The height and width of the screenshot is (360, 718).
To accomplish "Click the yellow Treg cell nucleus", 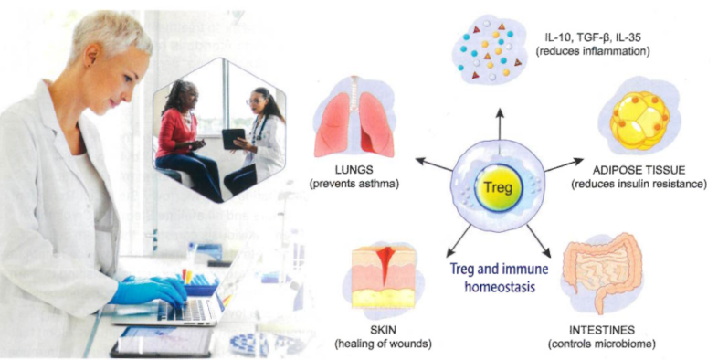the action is pyautogui.click(x=498, y=188).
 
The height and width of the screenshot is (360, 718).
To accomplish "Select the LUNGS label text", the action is pyautogui.click(x=354, y=170).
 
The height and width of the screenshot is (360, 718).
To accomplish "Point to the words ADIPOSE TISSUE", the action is pyautogui.click(x=639, y=170).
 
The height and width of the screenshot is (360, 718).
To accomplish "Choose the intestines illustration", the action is pyautogui.click(x=601, y=271).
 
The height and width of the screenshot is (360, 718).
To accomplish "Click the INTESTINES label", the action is pyautogui.click(x=602, y=330).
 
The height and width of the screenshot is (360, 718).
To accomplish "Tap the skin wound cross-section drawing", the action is pyautogui.click(x=384, y=277).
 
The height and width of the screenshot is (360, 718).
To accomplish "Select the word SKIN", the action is pyautogui.click(x=383, y=330).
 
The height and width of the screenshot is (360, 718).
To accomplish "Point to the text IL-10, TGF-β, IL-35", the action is pyautogui.click(x=595, y=37).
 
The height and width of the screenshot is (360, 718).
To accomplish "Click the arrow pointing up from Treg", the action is pyautogui.click(x=499, y=123).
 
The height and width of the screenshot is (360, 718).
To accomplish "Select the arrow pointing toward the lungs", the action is pyautogui.click(x=434, y=164).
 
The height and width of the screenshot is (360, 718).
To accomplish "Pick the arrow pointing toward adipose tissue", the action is pyautogui.click(x=565, y=165).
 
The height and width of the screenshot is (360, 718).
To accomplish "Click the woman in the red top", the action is pyautogui.click(x=184, y=137).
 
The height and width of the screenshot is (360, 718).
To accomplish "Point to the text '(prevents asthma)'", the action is pyautogui.click(x=354, y=185).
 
